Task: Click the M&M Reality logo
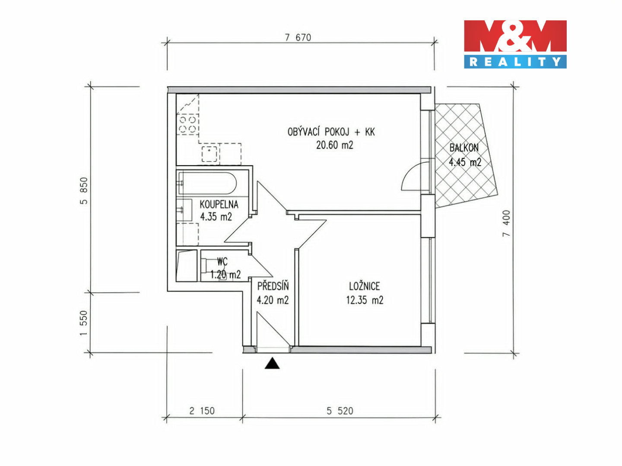click(515, 44)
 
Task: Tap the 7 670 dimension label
click(298, 38)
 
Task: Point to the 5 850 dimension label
click(84, 191)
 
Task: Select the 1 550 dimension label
click(84, 323)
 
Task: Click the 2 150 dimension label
click(202, 411)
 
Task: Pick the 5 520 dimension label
click(340, 411)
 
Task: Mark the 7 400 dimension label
click(506, 224)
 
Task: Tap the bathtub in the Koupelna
click(207, 183)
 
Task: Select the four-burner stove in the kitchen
click(187, 124)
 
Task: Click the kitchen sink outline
click(209, 154)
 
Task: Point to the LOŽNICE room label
click(365, 287)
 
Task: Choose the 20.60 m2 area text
click(335, 145)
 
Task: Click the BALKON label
click(464, 148)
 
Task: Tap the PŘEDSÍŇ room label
click(273, 286)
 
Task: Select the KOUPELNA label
click(219, 204)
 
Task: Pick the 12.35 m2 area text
click(365, 300)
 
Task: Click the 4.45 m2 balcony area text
click(465, 162)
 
